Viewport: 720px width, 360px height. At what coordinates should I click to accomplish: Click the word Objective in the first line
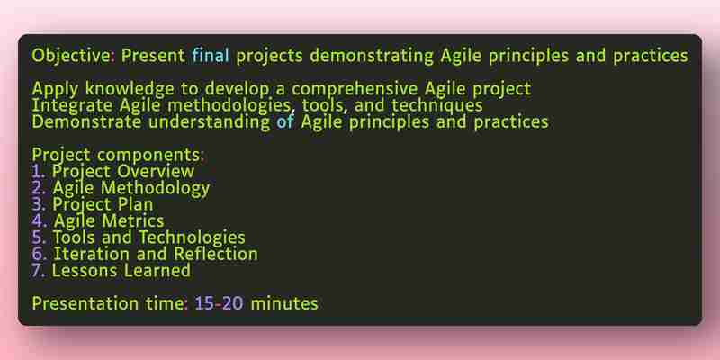point(71,57)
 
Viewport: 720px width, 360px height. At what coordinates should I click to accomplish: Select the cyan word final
point(211,56)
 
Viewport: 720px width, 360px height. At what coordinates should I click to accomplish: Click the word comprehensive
point(355,89)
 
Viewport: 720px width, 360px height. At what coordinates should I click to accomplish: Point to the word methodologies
point(229,106)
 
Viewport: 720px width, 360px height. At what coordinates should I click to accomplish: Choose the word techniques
point(437,106)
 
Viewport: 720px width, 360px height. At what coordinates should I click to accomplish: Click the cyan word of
point(285,122)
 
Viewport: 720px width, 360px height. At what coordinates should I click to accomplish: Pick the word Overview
point(156,172)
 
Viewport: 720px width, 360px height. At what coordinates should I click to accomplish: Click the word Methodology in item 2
point(155,189)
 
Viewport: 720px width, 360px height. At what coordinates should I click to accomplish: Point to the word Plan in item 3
point(136,205)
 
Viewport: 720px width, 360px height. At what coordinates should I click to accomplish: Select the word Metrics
point(132,221)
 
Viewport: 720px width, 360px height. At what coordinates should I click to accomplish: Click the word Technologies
point(192,238)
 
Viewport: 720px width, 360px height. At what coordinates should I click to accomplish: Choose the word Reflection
point(216,255)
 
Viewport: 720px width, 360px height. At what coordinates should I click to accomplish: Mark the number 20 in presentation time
point(233,304)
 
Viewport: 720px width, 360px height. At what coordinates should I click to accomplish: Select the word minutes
point(284,304)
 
